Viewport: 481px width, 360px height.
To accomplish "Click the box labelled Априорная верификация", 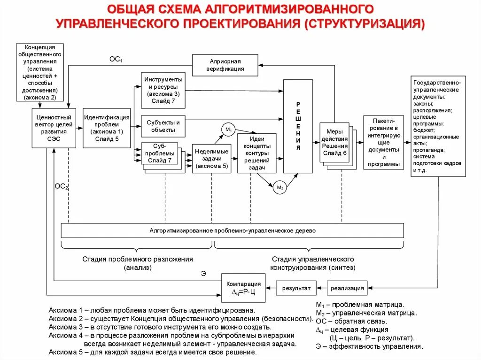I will (x=225, y=65).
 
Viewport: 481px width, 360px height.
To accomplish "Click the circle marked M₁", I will (x=228, y=129).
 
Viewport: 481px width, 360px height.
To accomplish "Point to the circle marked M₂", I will (x=280, y=188).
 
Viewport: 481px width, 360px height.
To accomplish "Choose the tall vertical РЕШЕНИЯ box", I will (x=298, y=126).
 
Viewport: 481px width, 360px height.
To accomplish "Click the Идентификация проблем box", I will (x=107, y=128).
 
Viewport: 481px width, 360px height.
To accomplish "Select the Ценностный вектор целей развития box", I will (x=54, y=128).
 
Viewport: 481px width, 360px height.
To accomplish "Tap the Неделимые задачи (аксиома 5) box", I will (x=211, y=159).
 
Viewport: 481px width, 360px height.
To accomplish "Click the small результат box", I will (x=296, y=288).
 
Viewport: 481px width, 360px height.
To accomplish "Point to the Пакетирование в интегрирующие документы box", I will (x=383, y=142).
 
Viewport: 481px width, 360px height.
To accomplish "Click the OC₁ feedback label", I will (x=116, y=60).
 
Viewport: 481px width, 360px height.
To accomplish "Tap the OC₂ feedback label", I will (x=61, y=186).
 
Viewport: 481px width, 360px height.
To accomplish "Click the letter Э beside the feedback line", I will (x=203, y=273).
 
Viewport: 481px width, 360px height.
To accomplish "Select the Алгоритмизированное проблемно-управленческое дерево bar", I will (x=233, y=230).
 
